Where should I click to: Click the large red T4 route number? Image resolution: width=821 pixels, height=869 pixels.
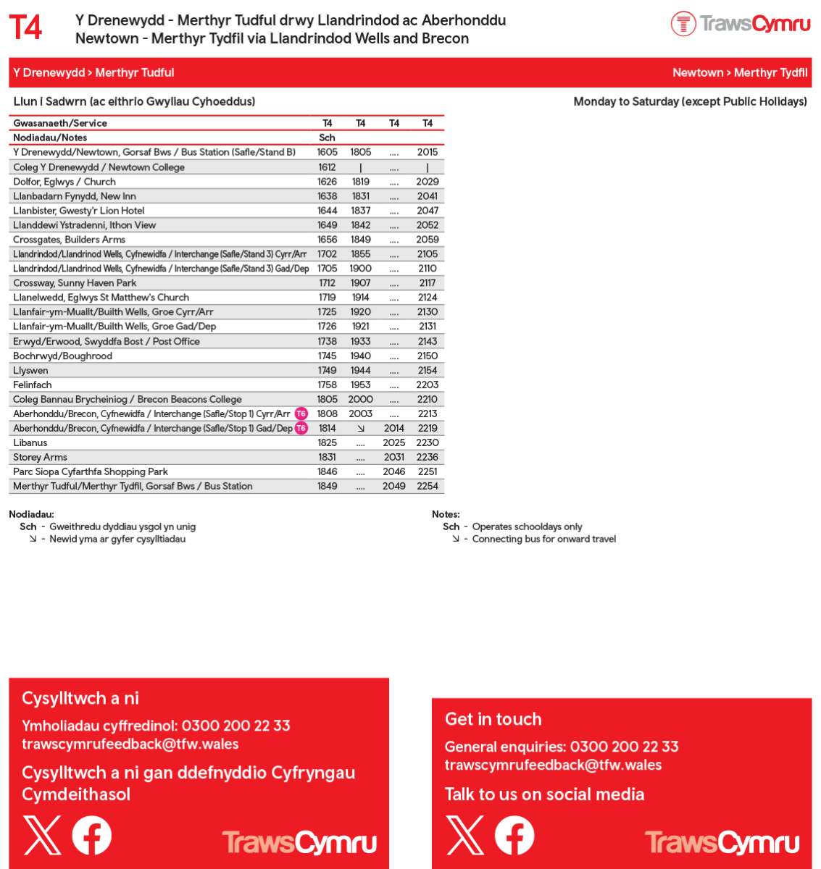(x=25, y=28)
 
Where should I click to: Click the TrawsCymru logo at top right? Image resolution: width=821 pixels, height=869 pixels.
(x=740, y=24)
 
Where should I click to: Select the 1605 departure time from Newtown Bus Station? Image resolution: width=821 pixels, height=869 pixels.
(x=327, y=152)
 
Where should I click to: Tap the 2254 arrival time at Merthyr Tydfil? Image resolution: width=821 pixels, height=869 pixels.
(x=428, y=486)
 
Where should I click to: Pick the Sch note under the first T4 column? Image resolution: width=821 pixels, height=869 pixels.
(x=327, y=138)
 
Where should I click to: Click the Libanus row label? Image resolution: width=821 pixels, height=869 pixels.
(x=30, y=442)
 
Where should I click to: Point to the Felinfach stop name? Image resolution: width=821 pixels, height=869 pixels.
(x=33, y=385)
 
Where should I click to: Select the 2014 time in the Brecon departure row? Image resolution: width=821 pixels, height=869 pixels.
(x=393, y=428)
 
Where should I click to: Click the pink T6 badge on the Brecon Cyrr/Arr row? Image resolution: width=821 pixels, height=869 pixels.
(x=301, y=413)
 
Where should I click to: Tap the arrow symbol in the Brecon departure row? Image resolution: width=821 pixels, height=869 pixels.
(x=361, y=428)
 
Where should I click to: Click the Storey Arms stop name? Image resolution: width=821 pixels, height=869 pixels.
(x=40, y=457)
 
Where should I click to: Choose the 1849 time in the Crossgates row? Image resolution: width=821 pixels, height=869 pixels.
(x=360, y=239)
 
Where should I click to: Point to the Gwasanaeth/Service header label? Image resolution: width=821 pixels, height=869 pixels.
(x=60, y=123)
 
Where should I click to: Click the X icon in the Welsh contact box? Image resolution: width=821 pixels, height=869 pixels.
(x=42, y=835)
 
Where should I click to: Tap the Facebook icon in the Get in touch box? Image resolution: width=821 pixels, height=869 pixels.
(x=514, y=835)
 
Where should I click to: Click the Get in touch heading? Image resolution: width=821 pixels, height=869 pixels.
(x=493, y=719)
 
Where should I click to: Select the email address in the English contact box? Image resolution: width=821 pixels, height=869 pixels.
(x=553, y=765)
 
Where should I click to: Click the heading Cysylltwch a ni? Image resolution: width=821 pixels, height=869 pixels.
(x=80, y=698)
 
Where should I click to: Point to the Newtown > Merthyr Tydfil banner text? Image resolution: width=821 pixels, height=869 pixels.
(x=739, y=72)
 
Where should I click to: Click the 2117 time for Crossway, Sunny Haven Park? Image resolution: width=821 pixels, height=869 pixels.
(x=428, y=283)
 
